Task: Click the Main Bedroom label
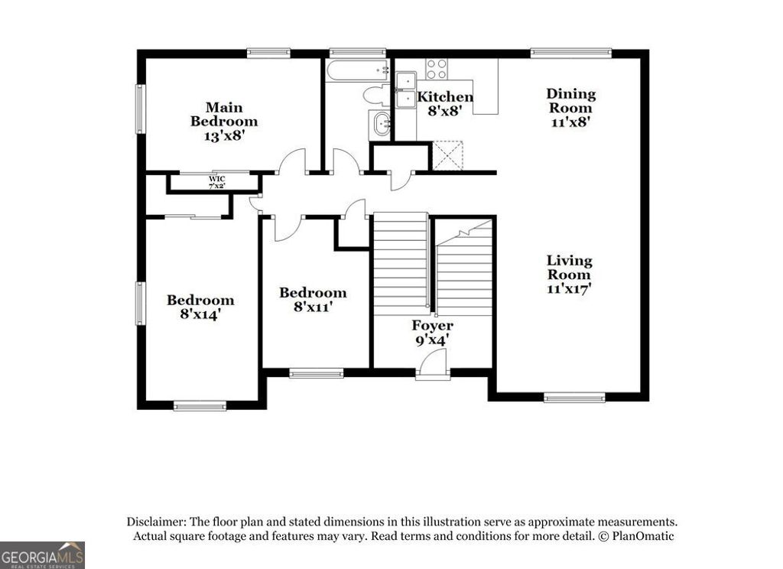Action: click(x=224, y=122)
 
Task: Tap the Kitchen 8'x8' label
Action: click(x=443, y=103)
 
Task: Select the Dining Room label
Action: click(x=570, y=107)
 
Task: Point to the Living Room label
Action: click(x=569, y=275)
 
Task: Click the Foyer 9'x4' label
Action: click(x=433, y=333)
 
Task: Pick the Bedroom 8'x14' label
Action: click(x=200, y=307)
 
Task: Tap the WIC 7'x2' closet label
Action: click(x=217, y=183)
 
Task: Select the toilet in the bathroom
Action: click(x=375, y=96)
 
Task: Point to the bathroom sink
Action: click(x=380, y=123)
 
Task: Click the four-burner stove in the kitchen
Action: click(x=437, y=69)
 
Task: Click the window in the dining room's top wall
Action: click(x=571, y=54)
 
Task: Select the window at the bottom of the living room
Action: click(x=574, y=398)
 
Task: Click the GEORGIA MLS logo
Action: click(x=42, y=555)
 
